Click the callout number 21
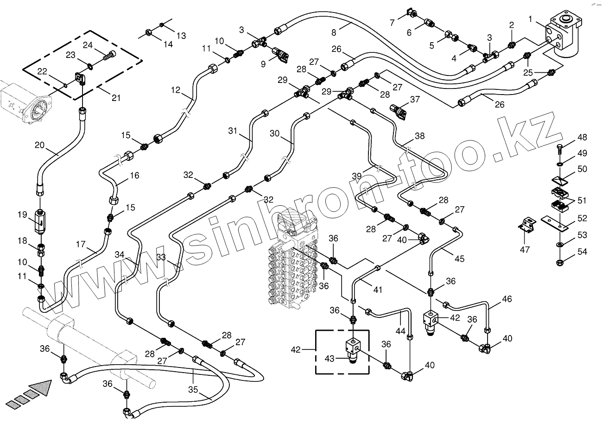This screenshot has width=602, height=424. pos(116,98)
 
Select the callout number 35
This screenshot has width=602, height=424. pos(193,390)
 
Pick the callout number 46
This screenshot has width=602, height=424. pos(507,299)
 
